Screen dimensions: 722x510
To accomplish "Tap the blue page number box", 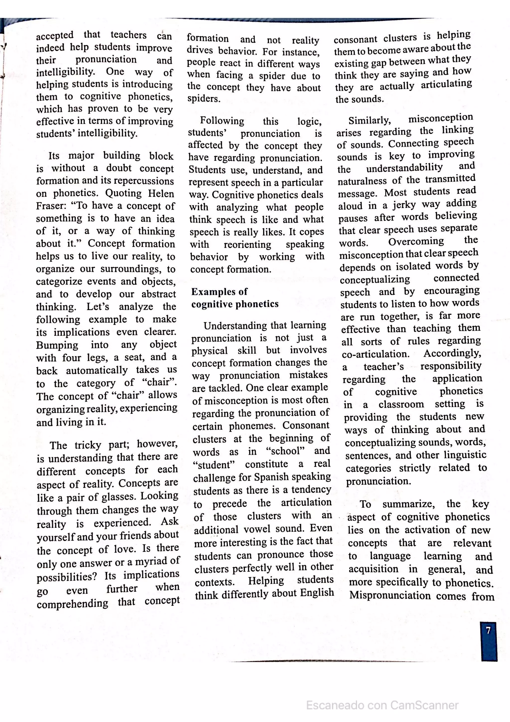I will [x=489, y=642].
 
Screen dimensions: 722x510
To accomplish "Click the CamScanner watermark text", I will [x=382, y=705].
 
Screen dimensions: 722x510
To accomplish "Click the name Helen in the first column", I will [x=161, y=193].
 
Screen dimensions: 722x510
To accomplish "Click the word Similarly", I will [x=370, y=120].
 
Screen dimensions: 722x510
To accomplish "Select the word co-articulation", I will [x=376, y=354].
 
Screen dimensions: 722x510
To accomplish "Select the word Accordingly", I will [x=452, y=353].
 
